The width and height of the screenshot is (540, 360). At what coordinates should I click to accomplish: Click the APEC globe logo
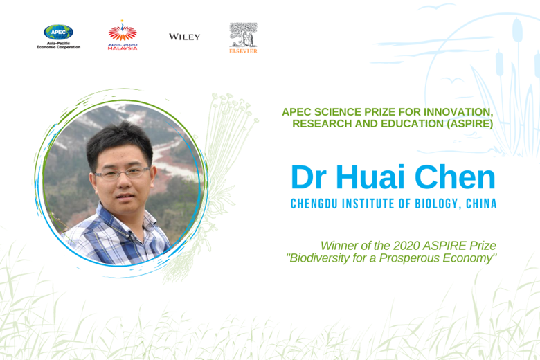(58, 37)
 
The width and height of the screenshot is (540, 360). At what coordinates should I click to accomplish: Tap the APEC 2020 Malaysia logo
(123, 35)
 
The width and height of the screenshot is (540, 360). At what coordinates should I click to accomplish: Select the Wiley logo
(185, 37)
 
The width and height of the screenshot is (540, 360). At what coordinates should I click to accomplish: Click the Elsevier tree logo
(244, 37)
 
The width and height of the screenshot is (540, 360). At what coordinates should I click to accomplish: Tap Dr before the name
(309, 177)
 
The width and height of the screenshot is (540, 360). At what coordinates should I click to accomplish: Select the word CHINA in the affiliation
(481, 204)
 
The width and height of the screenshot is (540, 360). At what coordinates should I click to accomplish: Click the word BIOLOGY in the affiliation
(438, 204)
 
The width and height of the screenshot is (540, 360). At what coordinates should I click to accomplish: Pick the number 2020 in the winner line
(406, 246)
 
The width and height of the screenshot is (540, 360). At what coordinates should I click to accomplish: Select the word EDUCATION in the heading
(408, 123)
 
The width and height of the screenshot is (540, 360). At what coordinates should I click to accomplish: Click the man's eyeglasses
(123, 173)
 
